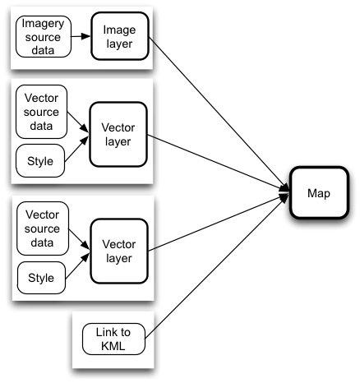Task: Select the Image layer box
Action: (x=118, y=37)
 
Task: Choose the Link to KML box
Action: (x=114, y=338)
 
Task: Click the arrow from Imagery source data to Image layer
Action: (x=80, y=37)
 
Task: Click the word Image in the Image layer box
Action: (x=118, y=30)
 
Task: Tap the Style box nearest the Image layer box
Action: (x=40, y=160)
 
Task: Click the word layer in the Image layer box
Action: (x=118, y=44)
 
